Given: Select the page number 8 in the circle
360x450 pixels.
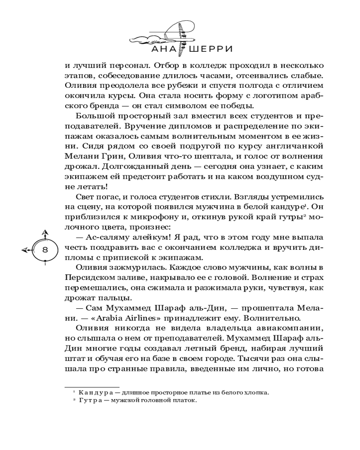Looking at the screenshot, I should coord(45,250).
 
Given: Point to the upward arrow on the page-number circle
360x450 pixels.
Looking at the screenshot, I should coord(45,233).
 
